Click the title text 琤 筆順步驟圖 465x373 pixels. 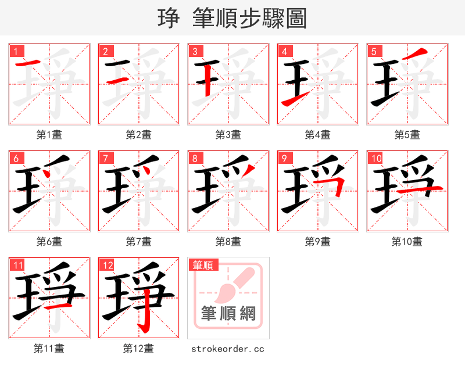(232, 19)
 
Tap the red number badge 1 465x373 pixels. (15, 51)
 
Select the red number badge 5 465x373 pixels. (373, 51)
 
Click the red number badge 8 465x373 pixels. (194, 158)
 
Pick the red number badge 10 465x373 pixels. (375, 158)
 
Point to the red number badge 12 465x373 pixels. (106, 265)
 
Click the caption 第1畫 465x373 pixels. (49, 135)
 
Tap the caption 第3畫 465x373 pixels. (228, 135)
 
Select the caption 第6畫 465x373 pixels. (49, 242)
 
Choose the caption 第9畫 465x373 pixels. (318, 242)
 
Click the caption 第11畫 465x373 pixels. (49, 349)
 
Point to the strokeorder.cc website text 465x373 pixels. (228, 349)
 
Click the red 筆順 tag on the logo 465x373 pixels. (203, 265)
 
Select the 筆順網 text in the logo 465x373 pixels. (228, 314)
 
